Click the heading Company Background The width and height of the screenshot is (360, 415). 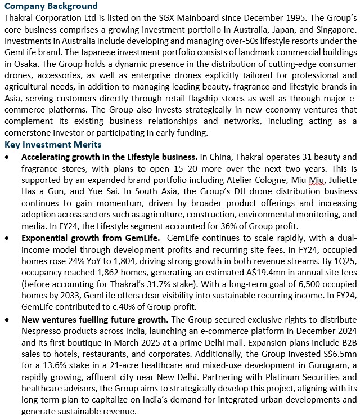tap(51, 6)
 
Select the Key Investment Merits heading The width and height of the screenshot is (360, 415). tap(53, 145)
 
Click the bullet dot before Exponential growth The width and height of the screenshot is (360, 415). tap(7, 238)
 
